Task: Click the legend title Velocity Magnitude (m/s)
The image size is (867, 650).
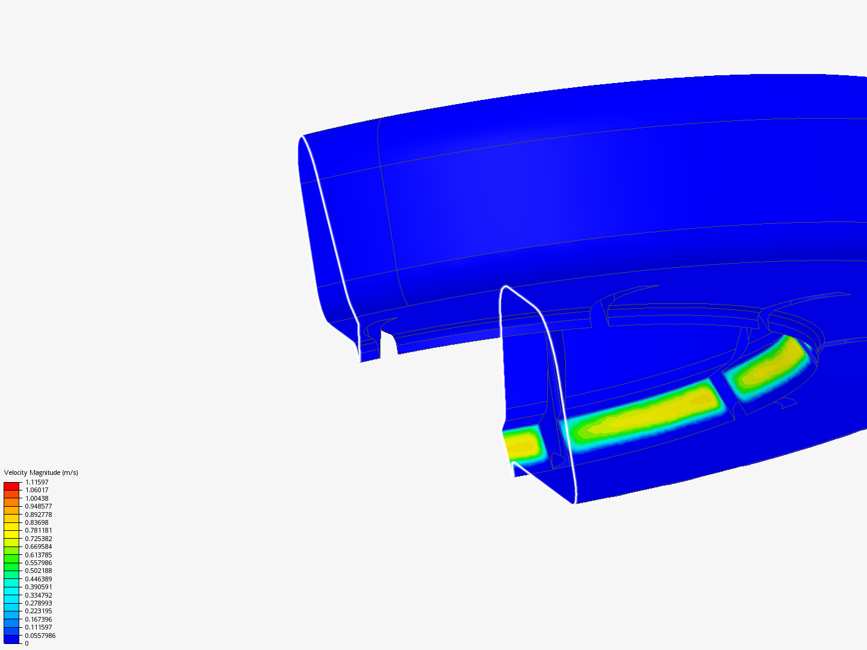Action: tap(41, 472)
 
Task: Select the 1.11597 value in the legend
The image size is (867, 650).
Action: tap(37, 482)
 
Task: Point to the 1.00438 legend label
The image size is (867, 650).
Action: tap(37, 498)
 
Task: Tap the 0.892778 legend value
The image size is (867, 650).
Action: tap(39, 515)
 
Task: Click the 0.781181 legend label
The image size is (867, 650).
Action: tap(39, 530)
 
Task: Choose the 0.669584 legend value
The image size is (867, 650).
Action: tap(39, 546)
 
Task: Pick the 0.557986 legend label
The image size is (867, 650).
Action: tap(39, 563)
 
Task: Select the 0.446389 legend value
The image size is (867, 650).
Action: tap(39, 579)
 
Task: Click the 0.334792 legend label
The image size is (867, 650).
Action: tap(39, 595)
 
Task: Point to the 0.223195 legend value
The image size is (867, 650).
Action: tap(39, 611)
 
